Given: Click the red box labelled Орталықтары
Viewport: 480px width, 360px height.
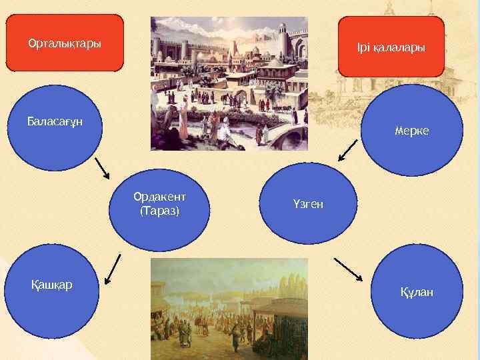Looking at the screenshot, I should tap(65, 44).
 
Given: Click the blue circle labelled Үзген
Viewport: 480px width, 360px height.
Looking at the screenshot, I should tap(307, 204).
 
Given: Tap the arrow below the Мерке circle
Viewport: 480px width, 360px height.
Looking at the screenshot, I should tap(348, 151).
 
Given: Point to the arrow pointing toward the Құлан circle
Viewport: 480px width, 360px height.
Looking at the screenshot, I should tap(347, 269).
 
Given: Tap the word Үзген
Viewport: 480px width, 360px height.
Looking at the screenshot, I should tap(307, 204).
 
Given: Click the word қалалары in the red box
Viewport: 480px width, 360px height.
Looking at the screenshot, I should tap(399, 49).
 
